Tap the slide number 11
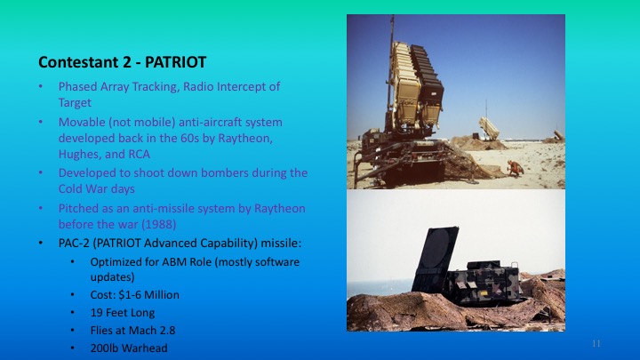[x=596, y=342]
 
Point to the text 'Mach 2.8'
[x=143, y=330]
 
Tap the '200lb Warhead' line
[x=128, y=348]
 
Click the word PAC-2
[x=75, y=241]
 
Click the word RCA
[x=155, y=154]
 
